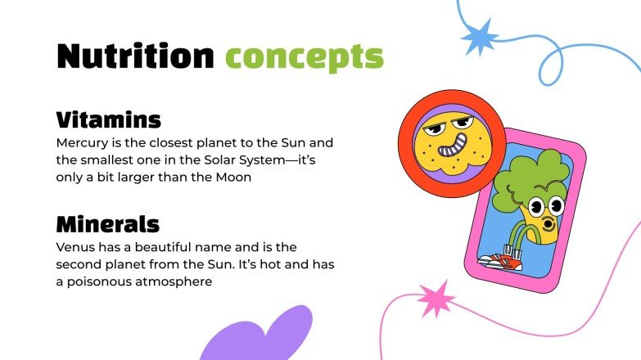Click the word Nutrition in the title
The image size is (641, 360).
click(x=135, y=56)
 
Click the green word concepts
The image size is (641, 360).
click(x=305, y=57)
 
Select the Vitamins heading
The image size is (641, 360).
click(x=108, y=119)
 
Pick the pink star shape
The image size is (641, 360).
click(x=436, y=299)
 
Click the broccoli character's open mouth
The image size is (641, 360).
click(x=548, y=222)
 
